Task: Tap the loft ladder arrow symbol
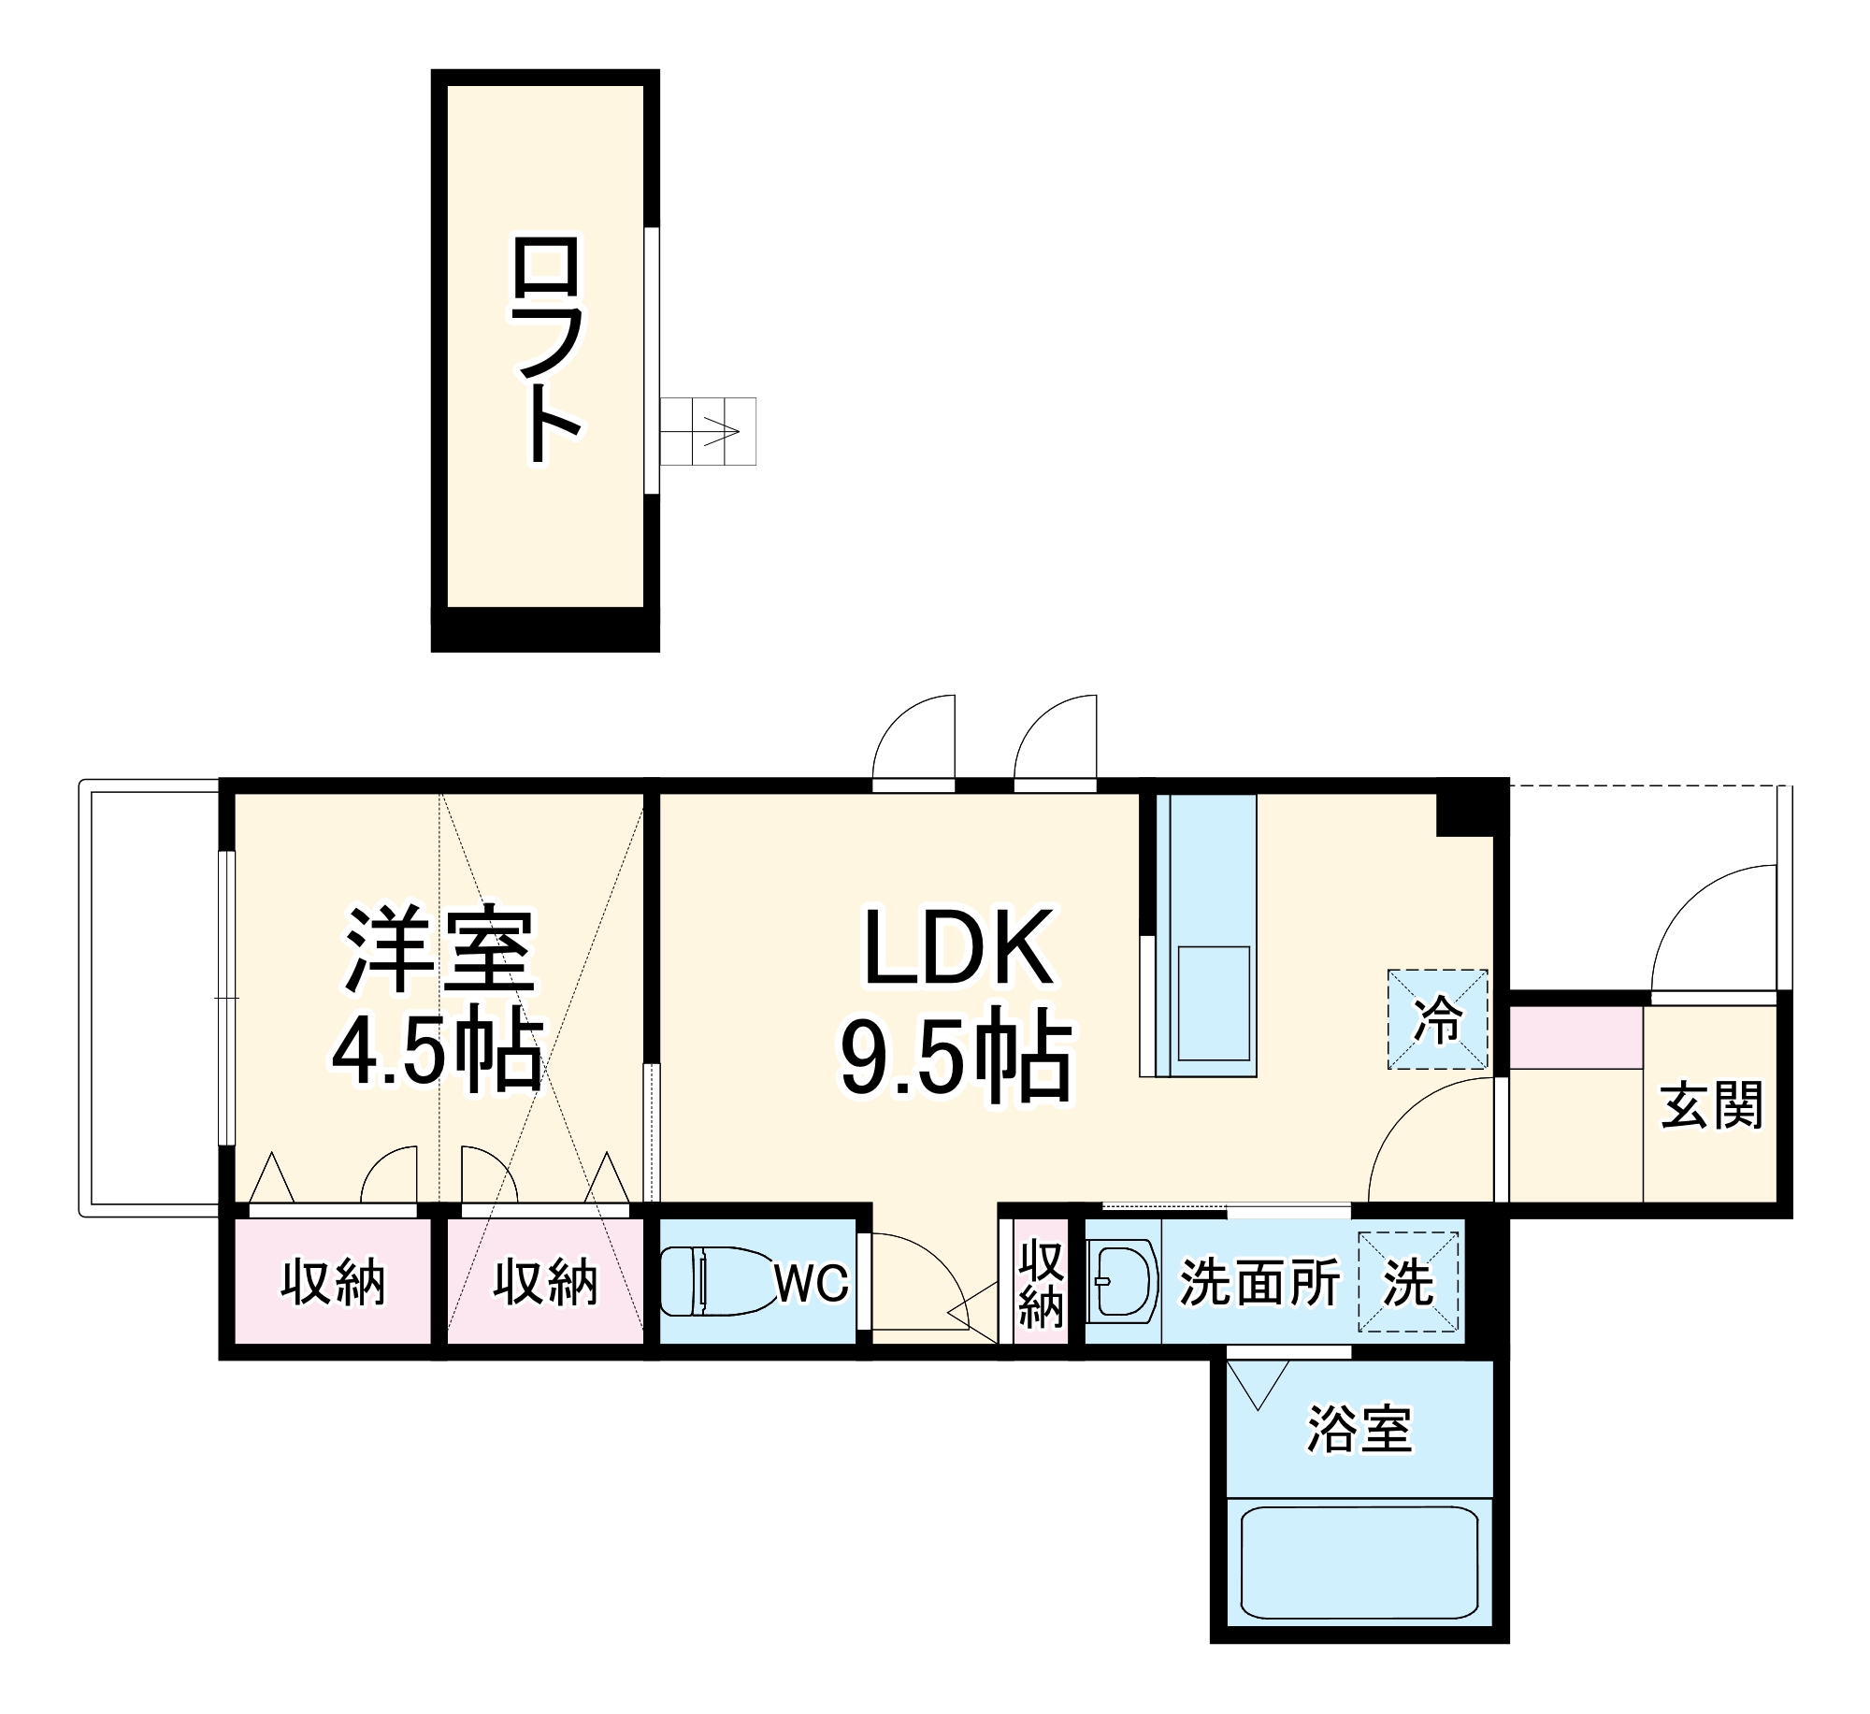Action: point(721,432)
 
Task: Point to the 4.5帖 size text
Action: point(438,1049)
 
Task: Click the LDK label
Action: point(957,949)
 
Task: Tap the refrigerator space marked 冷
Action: point(1437,1019)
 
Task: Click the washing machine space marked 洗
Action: point(1408,1282)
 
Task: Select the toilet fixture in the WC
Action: point(712,1281)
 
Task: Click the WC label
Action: point(812,1283)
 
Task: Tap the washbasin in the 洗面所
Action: point(1120,1281)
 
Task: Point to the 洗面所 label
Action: point(1259,1282)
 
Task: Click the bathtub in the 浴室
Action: point(1359,1562)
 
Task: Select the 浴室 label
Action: point(1359,1429)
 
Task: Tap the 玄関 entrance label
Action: point(1711,1105)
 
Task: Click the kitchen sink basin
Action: point(1214,1003)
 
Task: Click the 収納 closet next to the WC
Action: point(545,1282)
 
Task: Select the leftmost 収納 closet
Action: point(333,1282)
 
